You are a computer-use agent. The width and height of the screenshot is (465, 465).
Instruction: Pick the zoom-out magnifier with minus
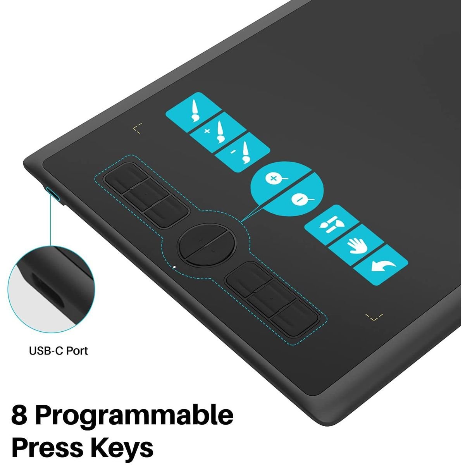coord(301,200)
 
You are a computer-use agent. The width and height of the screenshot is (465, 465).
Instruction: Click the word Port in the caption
coord(77,351)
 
